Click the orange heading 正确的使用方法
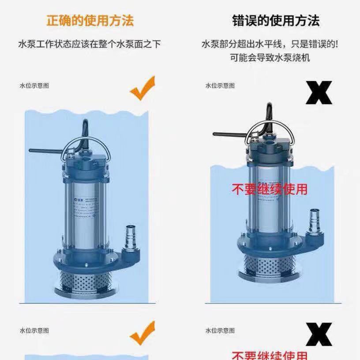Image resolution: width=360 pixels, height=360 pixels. pyautogui.click(x=90, y=20)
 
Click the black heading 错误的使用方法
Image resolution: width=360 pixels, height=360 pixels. pyautogui.click(x=276, y=20)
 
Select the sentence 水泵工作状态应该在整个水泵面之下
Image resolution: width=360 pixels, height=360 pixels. pyautogui.click(x=90, y=44)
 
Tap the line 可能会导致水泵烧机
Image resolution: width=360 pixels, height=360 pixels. pyautogui.click(x=270, y=57)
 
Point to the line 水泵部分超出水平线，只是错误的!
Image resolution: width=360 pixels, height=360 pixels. pyautogui.click(x=270, y=44)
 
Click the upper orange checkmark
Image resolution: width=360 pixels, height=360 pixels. pyautogui.click(x=143, y=88)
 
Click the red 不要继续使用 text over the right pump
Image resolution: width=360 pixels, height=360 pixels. pyautogui.click(x=270, y=189)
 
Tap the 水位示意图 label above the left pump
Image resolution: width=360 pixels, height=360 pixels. pyautogui.click(x=34, y=86)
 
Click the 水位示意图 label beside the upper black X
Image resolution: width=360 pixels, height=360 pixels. pyautogui.click(x=220, y=86)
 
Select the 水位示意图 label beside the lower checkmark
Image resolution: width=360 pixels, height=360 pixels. pyautogui.click(x=34, y=330)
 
